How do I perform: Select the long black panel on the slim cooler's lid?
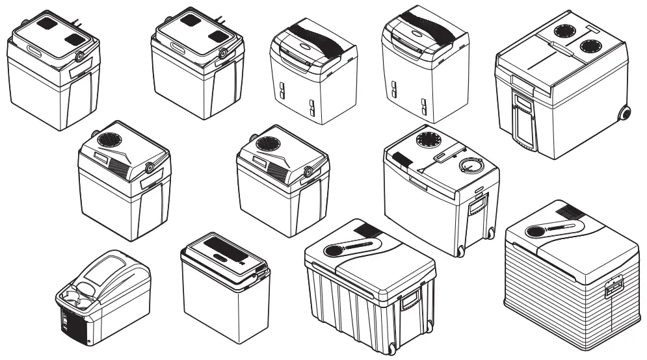[221, 246]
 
